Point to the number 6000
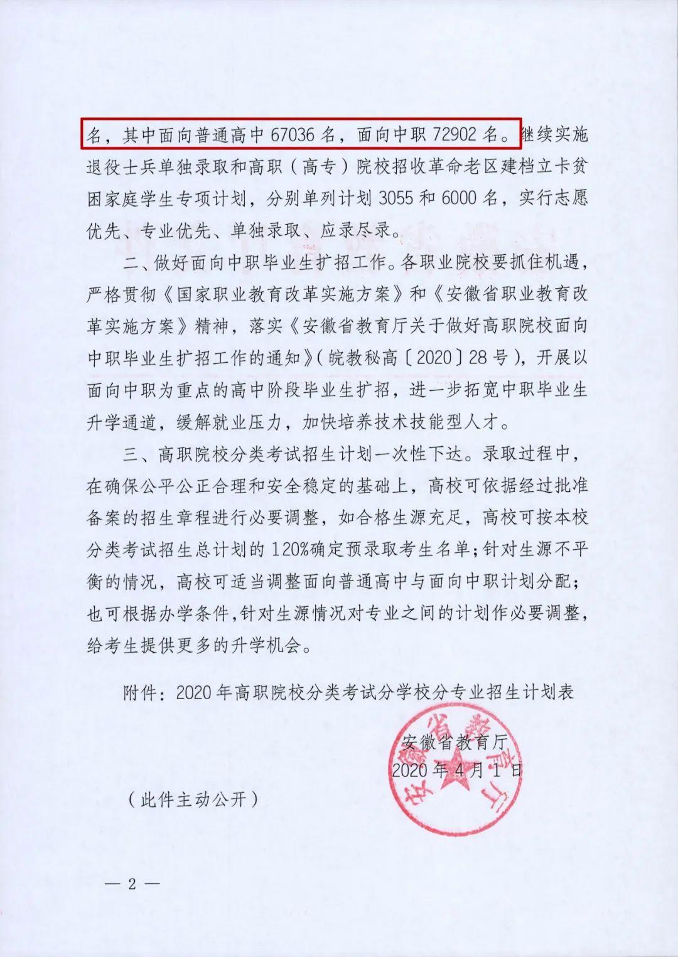coord(462,198)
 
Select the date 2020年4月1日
coord(456,770)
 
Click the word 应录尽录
coord(358,230)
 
